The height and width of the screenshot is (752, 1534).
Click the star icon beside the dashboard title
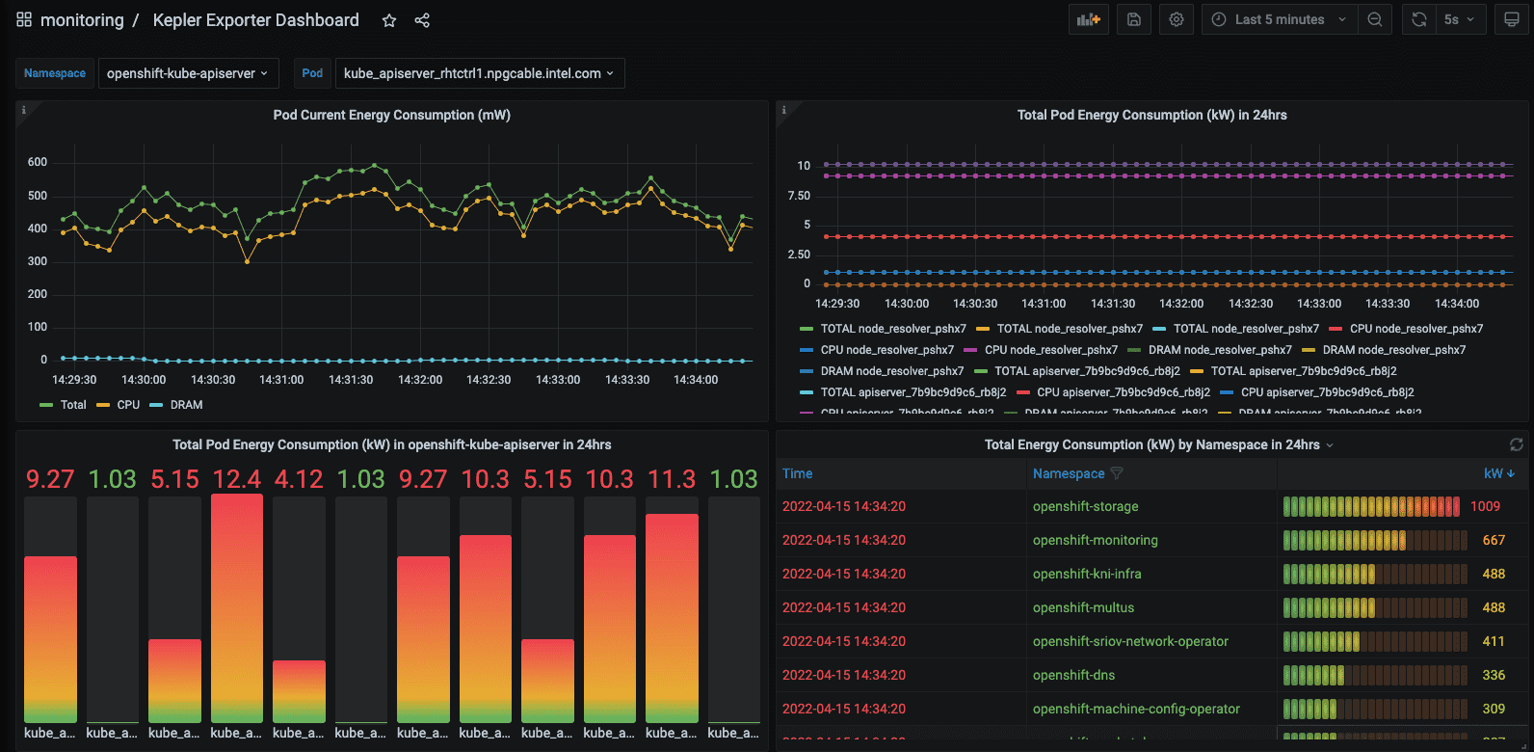389,20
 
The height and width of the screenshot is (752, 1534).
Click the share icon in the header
422,20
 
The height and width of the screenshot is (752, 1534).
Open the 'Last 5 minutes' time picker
1279,19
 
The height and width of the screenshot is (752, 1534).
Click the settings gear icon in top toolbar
1177,19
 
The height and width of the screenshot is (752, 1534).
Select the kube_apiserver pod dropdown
479,73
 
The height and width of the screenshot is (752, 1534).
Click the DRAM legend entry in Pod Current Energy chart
186,405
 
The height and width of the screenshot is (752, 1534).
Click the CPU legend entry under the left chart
127,405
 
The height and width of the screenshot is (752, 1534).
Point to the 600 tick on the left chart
38,162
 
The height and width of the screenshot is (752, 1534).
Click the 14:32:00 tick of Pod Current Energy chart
420,380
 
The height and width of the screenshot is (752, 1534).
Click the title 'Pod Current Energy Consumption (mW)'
391,115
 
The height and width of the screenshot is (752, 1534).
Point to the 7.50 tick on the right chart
799,196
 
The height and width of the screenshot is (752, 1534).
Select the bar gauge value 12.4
237,479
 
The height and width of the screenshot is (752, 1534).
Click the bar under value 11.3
672,617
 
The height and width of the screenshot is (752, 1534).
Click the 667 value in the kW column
1494,540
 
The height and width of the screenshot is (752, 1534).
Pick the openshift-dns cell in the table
1073,675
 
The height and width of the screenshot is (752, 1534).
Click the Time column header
797,473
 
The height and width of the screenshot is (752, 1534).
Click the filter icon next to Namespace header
1117,473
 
